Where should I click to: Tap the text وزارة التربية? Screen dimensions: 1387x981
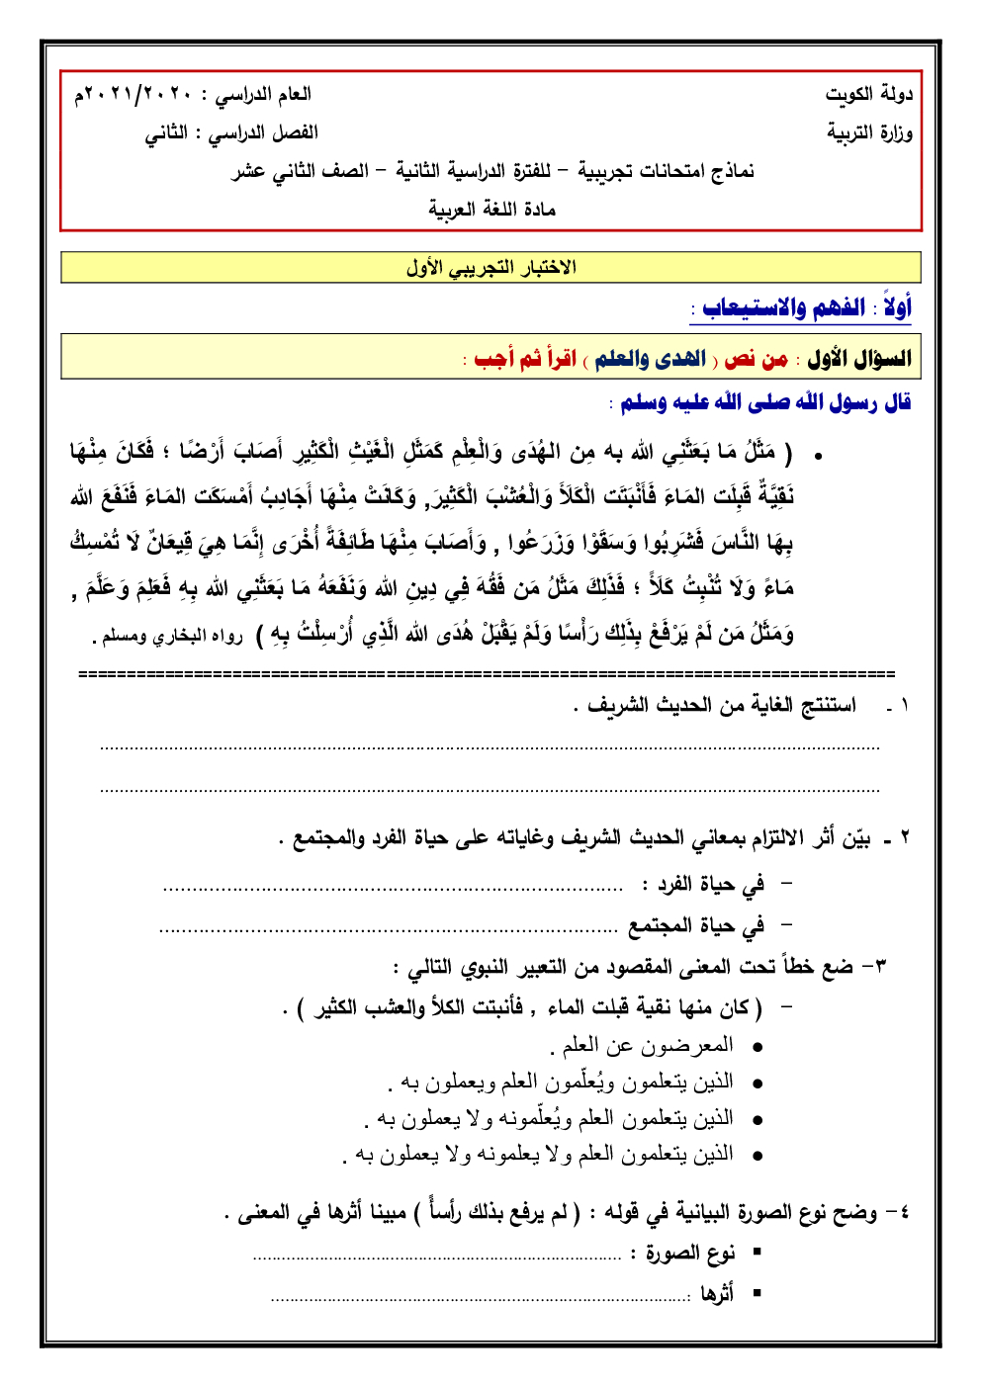point(869,132)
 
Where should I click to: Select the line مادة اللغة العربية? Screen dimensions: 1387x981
point(491,209)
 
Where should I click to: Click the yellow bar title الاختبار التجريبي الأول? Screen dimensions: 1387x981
point(490,267)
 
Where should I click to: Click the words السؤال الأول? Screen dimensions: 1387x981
point(858,358)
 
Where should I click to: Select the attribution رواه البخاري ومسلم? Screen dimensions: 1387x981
point(172,636)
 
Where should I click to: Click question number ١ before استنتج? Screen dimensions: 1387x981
point(903,706)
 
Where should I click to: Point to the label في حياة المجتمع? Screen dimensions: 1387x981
point(696,926)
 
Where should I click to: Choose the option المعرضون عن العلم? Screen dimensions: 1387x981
point(642,1046)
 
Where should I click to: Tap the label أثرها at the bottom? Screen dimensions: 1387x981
point(717,1293)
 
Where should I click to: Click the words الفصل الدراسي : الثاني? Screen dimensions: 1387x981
point(231,132)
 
